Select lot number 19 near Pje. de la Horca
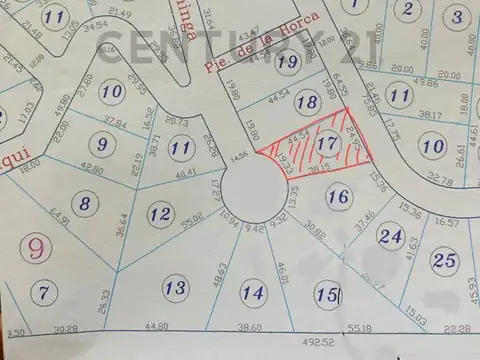pos(289,62)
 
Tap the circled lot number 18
pos(309,103)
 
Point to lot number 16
pos(339,198)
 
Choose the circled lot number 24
pos(391,238)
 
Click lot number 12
pos(159,213)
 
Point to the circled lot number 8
pos(87,205)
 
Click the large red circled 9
pos(37,246)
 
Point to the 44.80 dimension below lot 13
pos(156,327)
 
